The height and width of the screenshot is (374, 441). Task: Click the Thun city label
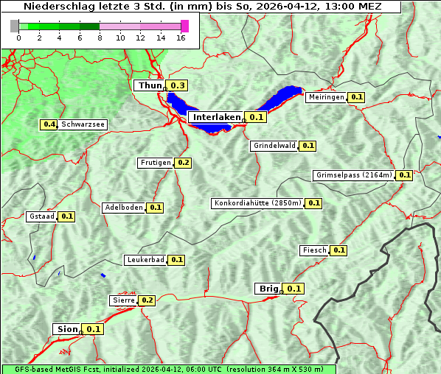[150, 86]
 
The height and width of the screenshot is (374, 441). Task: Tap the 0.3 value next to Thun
[178, 86]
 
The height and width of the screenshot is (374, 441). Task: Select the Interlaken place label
[217, 117]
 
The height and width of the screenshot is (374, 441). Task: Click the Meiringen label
[326, 97]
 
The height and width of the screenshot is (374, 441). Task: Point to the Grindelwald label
[274, 146]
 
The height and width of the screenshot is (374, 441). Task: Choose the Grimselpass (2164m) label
[353, 175]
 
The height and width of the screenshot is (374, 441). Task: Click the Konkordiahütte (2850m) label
[257, 203]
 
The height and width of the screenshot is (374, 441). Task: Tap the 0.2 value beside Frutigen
[184, 163]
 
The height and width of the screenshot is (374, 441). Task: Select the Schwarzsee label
[83, 124]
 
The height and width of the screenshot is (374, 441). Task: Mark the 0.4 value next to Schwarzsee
[49, 124]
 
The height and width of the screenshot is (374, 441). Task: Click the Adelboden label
[123, 208]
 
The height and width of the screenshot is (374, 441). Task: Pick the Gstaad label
[41, 216]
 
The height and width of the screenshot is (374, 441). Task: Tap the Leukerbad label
[145, 260]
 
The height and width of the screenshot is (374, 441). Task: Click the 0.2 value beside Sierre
[147, 300]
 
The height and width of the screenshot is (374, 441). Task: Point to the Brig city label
[267, 289]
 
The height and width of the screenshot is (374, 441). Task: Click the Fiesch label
[314, 250]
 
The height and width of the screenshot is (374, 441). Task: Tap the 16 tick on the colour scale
[181, 38]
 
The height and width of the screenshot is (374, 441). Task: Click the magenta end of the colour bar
[184, 26]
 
